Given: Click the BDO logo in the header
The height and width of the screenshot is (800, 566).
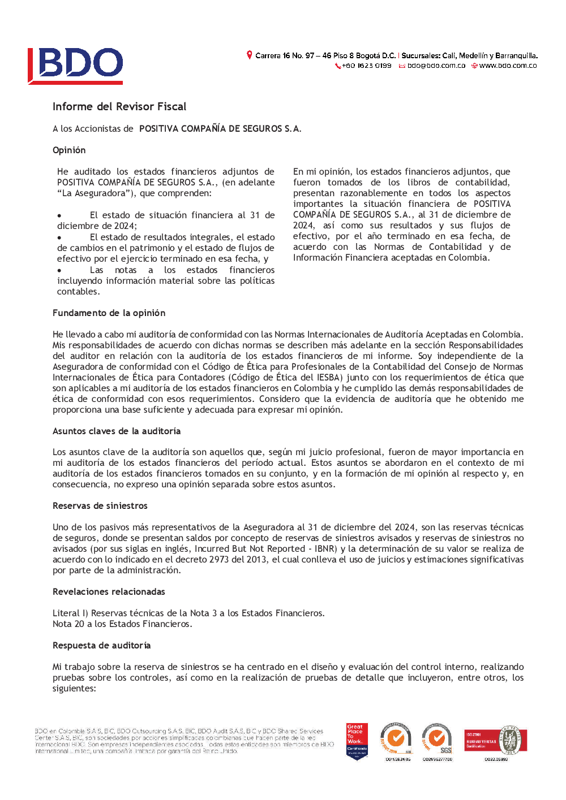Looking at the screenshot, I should pyautogui.click(x=75, y=66).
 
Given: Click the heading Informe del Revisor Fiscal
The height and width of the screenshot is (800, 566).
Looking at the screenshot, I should pyautogui.click(x=119, y=106).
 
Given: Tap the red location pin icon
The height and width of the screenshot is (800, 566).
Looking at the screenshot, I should pyautogui.click(x=249, y=55).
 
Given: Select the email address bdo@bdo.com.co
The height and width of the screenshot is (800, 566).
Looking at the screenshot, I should pyautogui.click(x=436, y=66).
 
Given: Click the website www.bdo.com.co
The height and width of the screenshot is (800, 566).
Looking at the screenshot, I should pyautogui.click(x=508, y=66).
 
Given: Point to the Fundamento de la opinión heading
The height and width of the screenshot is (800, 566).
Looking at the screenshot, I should pyautogui.click(x=109, y=313).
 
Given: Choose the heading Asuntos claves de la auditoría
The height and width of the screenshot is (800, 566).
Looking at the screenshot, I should pyautogui.click(x=117, y=431).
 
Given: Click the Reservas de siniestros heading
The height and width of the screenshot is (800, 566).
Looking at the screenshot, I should pyautogui.click(x=100, y=505).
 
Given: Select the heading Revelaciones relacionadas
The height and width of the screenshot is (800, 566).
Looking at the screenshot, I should pyautogui.click(x=109, y=591).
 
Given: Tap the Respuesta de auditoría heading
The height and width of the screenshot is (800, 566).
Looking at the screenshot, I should pyautogui.click(x=101, y=645).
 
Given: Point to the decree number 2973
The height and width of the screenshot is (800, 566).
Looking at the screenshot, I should pyautogui.click(x=218, y=559).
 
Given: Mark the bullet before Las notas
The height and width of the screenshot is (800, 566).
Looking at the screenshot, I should pyautogui.click(x=59, y=271).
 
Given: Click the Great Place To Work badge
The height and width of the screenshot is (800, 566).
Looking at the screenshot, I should pyautogui.click(x=357, y=741).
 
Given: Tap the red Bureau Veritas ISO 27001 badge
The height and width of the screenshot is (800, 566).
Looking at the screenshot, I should pyautogui.click(x=495, y=741).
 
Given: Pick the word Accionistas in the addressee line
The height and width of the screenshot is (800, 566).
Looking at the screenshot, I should pyautogui.click(x=98, y=128).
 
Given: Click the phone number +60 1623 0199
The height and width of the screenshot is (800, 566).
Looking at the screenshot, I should pyautogui.click(x=366, y=66).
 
